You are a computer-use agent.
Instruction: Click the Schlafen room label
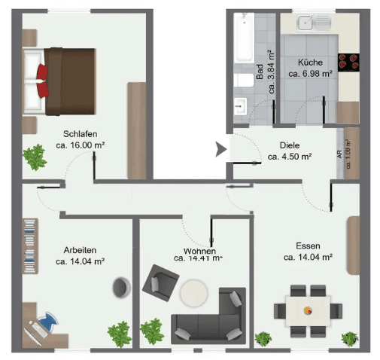[x=80, y=129]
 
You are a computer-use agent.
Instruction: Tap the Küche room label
[x=310, y=63]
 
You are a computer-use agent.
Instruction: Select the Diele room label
[x=290, y=146]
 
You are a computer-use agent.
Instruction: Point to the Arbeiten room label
[x=79, y=250]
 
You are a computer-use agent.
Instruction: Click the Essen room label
[x=308, y=246]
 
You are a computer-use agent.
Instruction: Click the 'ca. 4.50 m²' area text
[x=290, y=157]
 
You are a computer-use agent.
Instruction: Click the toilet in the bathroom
[x=242, y=80]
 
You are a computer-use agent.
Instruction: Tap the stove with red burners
[x=350, y=62]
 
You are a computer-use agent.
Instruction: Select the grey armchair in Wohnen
[x=159, y=282]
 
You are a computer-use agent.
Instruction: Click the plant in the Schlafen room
[x=34, y=157]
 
